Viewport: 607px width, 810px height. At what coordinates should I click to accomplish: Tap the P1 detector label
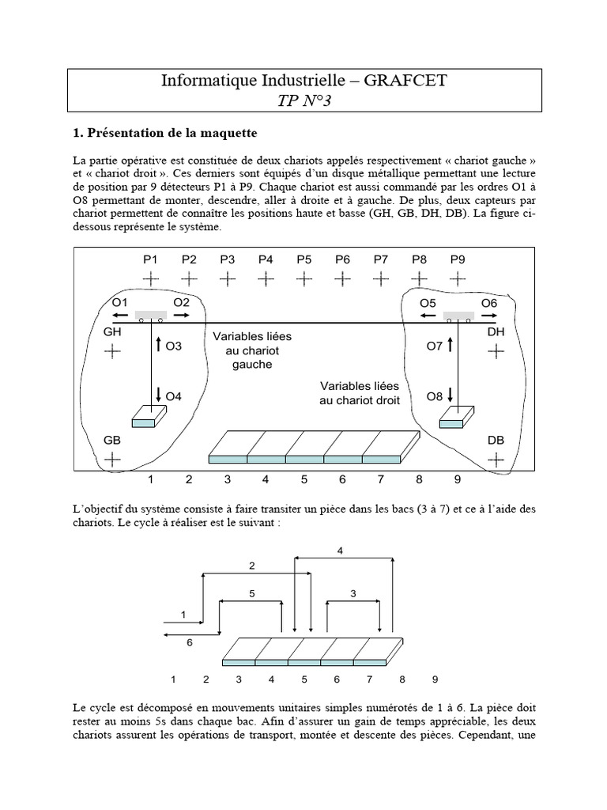pos(150,259)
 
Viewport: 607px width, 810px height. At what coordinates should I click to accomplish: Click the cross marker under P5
pos(304,278)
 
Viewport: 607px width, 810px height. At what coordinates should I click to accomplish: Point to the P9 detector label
pos(458,259)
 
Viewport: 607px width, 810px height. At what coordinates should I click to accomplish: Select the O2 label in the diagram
pos(182,303)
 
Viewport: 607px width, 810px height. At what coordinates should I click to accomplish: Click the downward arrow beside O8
pos(451,394)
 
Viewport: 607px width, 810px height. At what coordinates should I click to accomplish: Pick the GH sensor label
pos(112,333)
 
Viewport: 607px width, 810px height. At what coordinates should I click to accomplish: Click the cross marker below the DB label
pos(496,459)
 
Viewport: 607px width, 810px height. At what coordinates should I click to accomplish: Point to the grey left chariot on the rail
pos(150,316)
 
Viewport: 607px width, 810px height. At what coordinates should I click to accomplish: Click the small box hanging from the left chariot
pos(150,417)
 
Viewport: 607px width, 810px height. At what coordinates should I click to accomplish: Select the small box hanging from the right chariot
pos(457,417)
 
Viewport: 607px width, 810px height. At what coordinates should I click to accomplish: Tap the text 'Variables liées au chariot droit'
pos(360,393)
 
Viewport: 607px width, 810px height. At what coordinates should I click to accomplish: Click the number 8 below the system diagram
pos(419,479)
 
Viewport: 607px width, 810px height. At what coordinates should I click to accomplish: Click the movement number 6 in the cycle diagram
pos(189,642)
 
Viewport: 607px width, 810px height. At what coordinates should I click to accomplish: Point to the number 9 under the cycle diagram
pos(434,679)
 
